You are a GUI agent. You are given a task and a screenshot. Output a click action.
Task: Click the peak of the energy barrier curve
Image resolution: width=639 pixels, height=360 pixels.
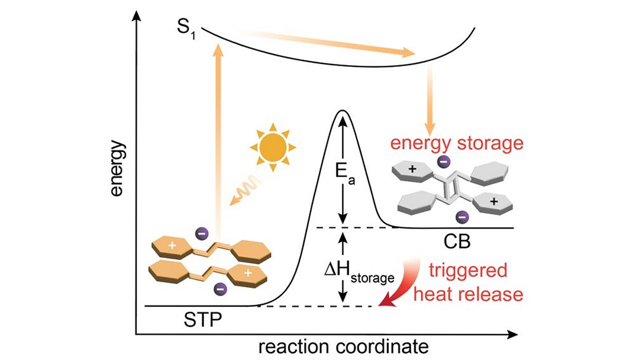(x=341, y=111)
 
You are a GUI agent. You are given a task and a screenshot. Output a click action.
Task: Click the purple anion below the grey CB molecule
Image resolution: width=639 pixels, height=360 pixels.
(x=464, y=217)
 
